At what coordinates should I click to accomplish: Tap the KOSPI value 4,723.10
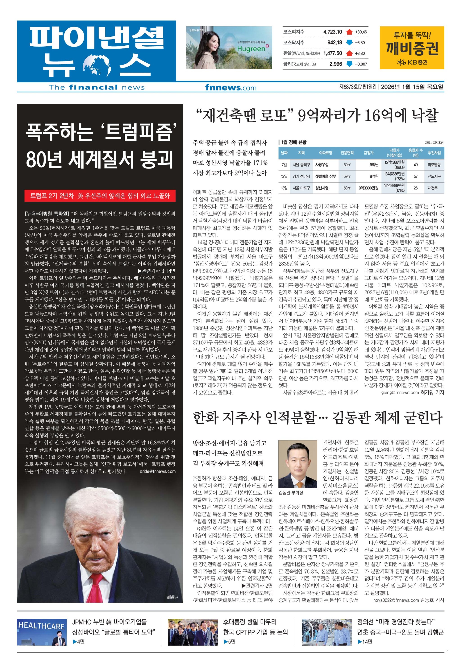pos(332,32)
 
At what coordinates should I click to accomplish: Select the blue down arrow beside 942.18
pos(350,43)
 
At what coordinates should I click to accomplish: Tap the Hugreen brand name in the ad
pos(251,49)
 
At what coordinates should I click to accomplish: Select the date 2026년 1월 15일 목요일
pos(412,87)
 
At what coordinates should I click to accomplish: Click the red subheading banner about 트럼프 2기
pos(100,196)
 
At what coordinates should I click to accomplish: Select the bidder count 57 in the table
pos(415,176)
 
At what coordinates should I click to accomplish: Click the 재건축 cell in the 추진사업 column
pos(432,188)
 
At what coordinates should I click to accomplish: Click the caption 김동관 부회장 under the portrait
pos(291,492)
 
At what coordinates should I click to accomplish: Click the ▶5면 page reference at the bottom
pos(229,642)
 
